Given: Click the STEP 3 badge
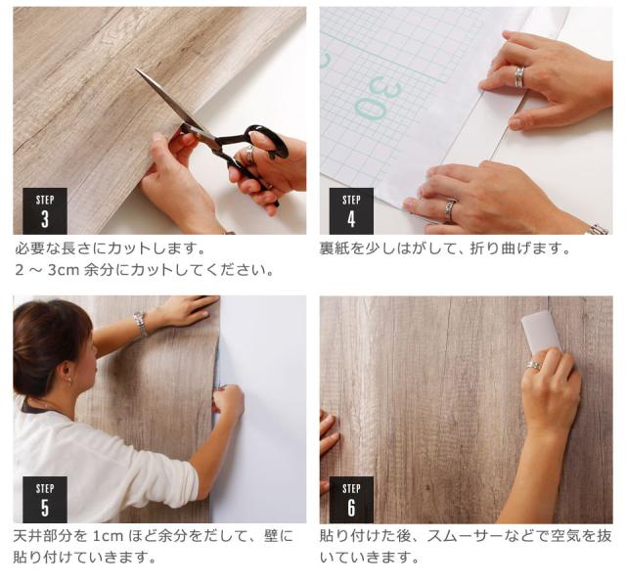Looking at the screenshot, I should [44, 211].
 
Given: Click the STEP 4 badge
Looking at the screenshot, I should [351, 211].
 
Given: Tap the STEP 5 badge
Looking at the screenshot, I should [44, 499].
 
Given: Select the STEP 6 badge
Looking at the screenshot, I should [351, 499].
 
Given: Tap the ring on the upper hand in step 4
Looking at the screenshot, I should [519, 76].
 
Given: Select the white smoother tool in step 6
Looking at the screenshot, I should [541, 333].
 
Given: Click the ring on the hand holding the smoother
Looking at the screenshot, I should [533, 365].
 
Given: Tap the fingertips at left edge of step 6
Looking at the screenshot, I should [328, 440].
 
